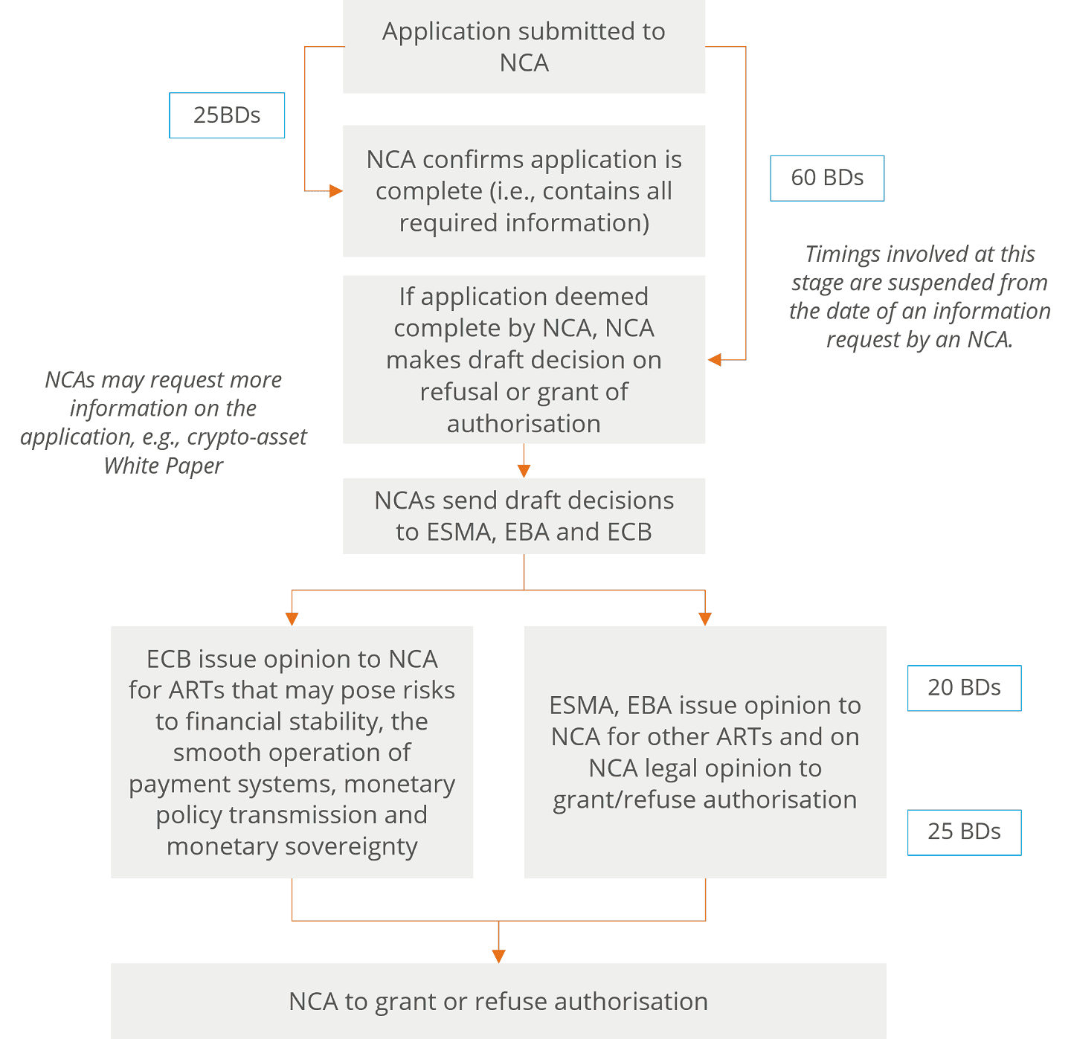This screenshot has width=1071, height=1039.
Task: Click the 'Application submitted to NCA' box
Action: (x=524, y=47)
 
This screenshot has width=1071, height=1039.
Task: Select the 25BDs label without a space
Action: (x=227, y=115)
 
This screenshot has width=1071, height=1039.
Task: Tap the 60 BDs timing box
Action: (x=826, y=178)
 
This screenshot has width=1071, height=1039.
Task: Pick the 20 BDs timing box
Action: (x=964, y=688)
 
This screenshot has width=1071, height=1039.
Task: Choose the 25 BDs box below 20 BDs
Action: (x=964, y=832)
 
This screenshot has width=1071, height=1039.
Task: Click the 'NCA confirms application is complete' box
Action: (x=524, y=191)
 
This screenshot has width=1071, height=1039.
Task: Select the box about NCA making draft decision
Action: (x=524, y=359)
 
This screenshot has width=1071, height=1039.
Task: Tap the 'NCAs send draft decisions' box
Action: (x=524, y=515)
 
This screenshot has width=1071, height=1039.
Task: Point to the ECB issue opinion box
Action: (x=292, y=752)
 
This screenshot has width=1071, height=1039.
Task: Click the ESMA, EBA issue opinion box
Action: (x=705, y=752)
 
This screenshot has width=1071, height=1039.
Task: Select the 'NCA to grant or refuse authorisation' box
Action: (x=498, y=1000)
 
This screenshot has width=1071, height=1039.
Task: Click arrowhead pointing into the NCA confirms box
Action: (x=336, y=191)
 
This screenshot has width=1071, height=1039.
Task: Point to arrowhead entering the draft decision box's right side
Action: (x=714, y=360)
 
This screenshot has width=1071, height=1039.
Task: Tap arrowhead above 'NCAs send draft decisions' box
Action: (x=524, y=471)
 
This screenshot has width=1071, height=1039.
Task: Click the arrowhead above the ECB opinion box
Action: (x=292, y=619)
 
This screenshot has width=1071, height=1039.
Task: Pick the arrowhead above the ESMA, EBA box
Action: (x=705, y=619)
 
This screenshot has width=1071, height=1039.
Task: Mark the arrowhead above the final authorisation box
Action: (x=498, y=956)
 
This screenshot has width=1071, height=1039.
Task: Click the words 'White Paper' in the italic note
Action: (x=163, y=466)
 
